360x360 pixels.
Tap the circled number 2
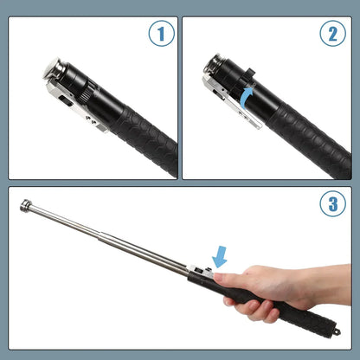pos(332,35)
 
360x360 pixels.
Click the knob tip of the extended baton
pos(26,207)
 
